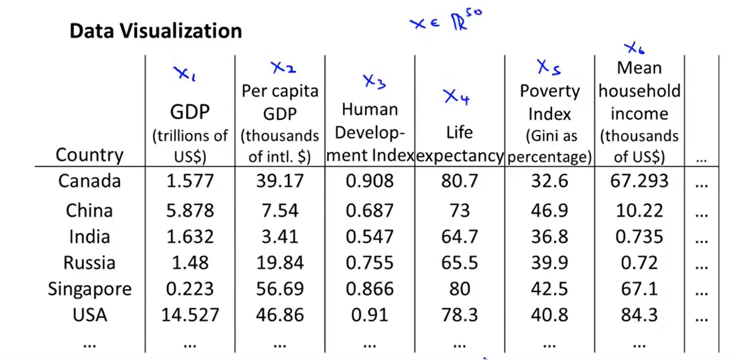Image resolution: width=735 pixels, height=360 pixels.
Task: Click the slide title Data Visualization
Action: [x=155, y=31]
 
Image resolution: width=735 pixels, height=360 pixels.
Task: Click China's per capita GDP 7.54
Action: [x=280, y=211]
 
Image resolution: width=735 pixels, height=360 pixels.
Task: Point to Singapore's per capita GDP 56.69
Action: [x=280, y=289]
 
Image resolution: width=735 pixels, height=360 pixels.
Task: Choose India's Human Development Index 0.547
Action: [x=370, y=237]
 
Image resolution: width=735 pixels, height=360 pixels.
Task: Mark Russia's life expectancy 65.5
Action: [x=459, y=263]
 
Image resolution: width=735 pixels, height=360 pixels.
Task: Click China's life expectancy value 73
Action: [x=459, y=211]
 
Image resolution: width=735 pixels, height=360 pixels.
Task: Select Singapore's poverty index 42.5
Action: [x=549, y=289]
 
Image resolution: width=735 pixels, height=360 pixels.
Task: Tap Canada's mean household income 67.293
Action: [x=639, y=182]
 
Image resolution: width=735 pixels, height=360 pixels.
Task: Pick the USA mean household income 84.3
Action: [x=639, y=315]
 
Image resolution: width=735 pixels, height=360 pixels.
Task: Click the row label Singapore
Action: [x=90, y=289]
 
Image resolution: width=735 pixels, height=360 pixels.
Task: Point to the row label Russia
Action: [x=90, y=263]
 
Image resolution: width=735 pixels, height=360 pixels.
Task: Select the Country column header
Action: [x=90, y=155]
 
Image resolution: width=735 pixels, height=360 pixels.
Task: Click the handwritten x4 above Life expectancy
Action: [x=456, y=98]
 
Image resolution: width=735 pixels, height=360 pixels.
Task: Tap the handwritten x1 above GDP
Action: [x=184, y=75]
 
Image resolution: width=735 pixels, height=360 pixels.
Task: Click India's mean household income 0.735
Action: [x=639, y=237]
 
